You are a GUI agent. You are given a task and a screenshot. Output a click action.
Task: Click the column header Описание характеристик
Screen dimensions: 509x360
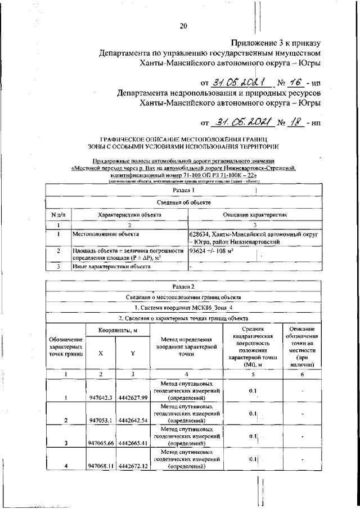[255, 214]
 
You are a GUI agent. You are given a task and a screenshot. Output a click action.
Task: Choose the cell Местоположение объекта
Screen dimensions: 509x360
[106, 233]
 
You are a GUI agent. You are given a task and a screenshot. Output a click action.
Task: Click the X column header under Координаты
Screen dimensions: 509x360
[101, 354]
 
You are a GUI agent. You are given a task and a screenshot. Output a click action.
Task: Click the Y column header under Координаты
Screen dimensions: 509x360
[133, 354]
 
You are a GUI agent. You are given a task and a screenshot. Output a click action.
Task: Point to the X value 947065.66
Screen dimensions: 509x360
[102, 443]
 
